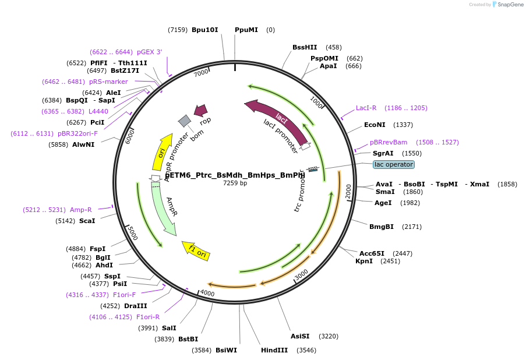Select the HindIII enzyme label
[274, 350]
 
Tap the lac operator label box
[394, 164]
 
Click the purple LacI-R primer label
[366, 108]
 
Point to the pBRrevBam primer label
[388, 142]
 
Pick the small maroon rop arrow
[201, 110]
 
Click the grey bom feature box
[185, 121]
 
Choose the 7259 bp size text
[235, 183]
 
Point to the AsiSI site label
[300, 336]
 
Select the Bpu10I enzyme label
[204, 30]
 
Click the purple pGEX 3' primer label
[150, 52]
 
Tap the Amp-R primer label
[80, 210]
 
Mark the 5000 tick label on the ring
[132, 234]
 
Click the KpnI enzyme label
[364, 262]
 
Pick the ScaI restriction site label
[87, 221]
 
